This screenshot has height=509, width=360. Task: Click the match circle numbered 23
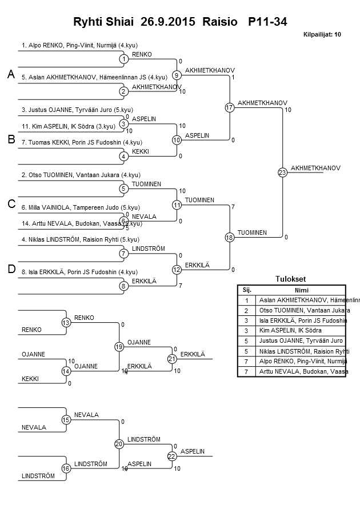(x=282, y=172)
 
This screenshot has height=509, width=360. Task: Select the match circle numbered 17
(x=229, y=107)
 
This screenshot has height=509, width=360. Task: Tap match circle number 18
(x=229, y=237)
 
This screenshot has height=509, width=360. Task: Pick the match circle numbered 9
(x=177, y=75)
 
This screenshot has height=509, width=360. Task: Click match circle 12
(x=177, y=270)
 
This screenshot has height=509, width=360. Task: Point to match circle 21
(x=171, y=359)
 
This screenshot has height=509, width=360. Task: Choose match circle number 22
(x=171, y=456)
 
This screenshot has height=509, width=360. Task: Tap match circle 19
(x=119, y=346)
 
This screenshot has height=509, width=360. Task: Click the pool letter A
(x=10, y=75)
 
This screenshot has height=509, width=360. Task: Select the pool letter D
(x=10, y=270)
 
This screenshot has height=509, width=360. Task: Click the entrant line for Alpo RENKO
(x=79, y=45)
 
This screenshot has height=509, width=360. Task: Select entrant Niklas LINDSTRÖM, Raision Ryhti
(x=80, y=239)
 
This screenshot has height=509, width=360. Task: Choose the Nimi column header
(x=302, y=290)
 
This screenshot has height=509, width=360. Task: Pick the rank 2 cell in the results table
(x=246, y=310)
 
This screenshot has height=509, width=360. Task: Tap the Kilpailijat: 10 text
(x=322, y=35)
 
